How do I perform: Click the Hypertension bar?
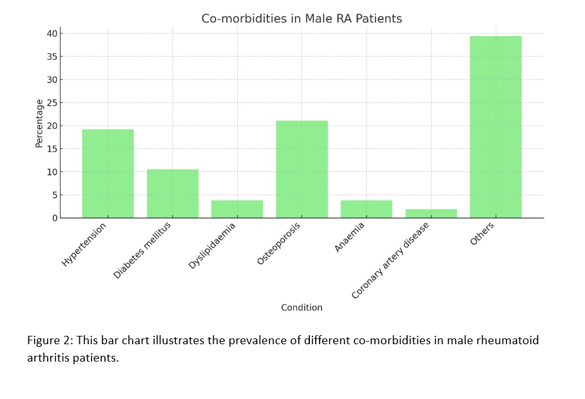108,174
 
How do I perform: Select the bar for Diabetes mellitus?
173,193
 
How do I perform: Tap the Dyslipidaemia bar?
237,209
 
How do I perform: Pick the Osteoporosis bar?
302,170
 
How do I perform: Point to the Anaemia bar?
366,209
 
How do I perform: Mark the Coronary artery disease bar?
430,213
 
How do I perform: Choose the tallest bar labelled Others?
495,127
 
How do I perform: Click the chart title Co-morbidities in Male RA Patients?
302,19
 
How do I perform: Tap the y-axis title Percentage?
39,123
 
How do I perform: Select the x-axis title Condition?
302,307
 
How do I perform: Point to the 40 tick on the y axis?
52,34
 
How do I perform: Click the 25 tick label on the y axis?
52,102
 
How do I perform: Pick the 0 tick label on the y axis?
55,218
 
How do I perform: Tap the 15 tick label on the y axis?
52,149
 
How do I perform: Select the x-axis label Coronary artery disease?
390,260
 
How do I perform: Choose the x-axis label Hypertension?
84,244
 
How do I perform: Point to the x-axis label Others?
483,233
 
